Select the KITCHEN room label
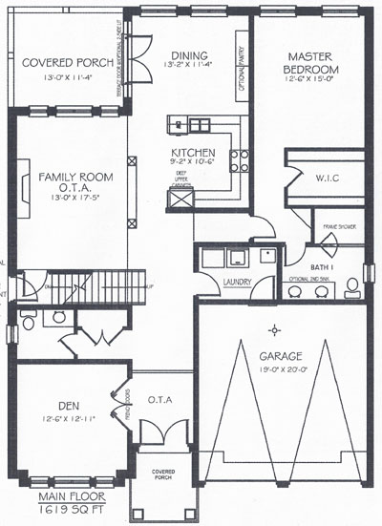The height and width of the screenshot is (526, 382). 192,153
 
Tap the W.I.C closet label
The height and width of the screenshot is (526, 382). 327,179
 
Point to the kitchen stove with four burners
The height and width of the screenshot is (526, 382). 239,159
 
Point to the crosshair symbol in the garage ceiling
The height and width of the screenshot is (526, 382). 275,329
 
